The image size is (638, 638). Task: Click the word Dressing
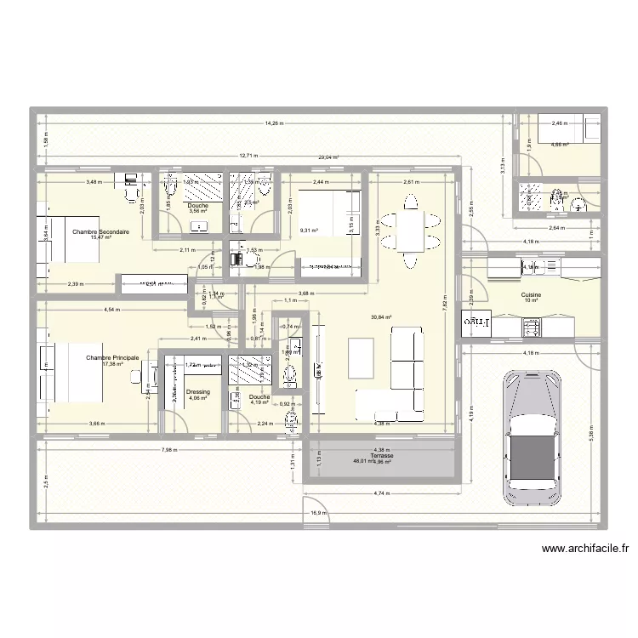pos(197,392)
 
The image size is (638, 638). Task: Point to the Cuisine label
pos(532,293)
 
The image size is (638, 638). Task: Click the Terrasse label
pos(370,456)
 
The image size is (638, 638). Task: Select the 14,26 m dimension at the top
pos(274,124)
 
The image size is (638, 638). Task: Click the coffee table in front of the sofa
pos(362,356)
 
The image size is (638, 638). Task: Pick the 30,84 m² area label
pos(383,317)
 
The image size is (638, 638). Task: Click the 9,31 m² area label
pos(308,230)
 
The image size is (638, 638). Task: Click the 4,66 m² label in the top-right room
pos(559,145)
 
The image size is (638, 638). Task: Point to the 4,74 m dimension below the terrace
pos(381,493)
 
